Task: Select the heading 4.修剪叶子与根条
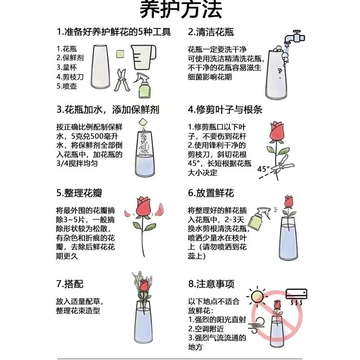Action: tap(225, 109)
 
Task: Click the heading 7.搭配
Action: tap(70, 284)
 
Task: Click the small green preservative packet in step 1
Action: tap(120, 54)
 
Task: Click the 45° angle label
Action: tap(263, 169)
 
